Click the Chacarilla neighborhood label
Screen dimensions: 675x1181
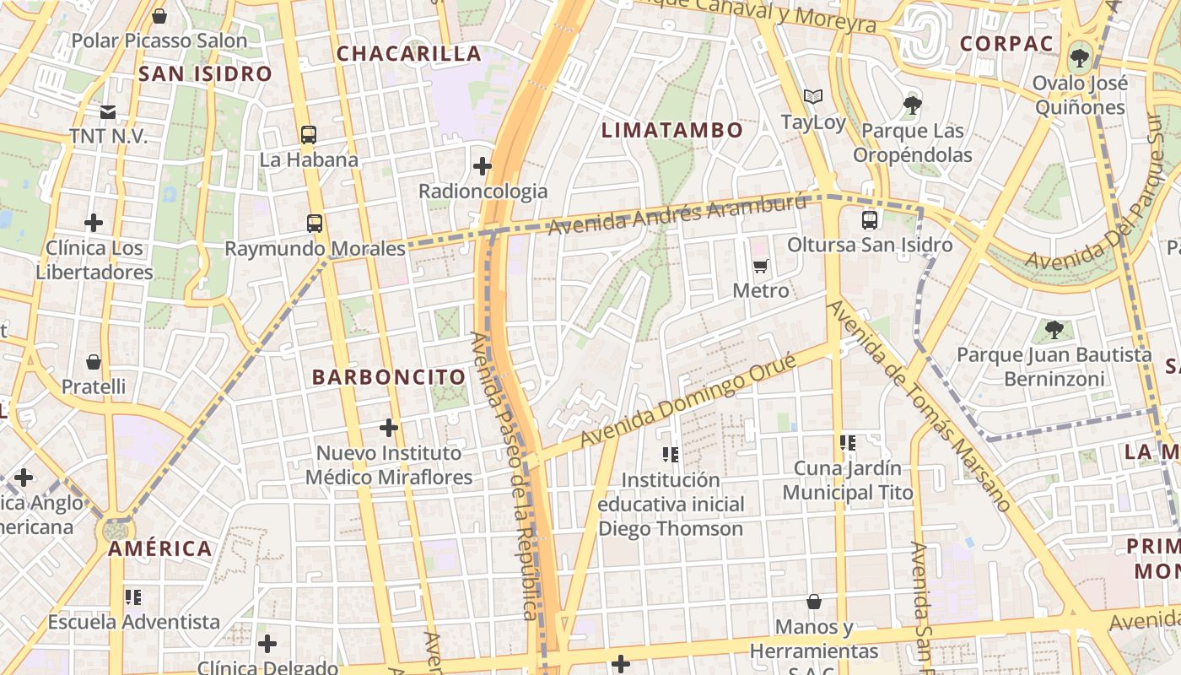[409, 54]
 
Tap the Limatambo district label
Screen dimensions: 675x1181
[672, 130]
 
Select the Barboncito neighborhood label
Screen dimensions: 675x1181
[389, 377]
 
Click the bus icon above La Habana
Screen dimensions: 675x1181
[309, 134]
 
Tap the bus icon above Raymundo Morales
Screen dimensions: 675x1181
[315, 224]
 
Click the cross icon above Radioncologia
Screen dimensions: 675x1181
[483, 166]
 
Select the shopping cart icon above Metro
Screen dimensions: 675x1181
[761, 267]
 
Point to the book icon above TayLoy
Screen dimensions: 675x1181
[813, 97]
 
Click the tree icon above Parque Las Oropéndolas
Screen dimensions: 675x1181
[912, 105]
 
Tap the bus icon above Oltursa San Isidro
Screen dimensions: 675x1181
[870, 220]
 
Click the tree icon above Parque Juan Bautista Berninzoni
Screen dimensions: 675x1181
[1054, 330]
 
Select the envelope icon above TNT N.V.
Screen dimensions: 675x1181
[108, 111]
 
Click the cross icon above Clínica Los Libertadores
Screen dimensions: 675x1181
[94, 224]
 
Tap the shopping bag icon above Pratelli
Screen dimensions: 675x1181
[94, 362]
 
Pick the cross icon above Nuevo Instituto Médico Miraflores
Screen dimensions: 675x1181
[389, 428]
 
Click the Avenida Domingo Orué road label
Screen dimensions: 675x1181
[688, 402]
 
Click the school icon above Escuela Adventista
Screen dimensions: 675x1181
[133, 597]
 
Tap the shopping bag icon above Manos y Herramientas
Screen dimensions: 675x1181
[814, 602]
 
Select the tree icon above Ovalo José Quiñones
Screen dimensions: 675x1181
[1079, 58]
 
